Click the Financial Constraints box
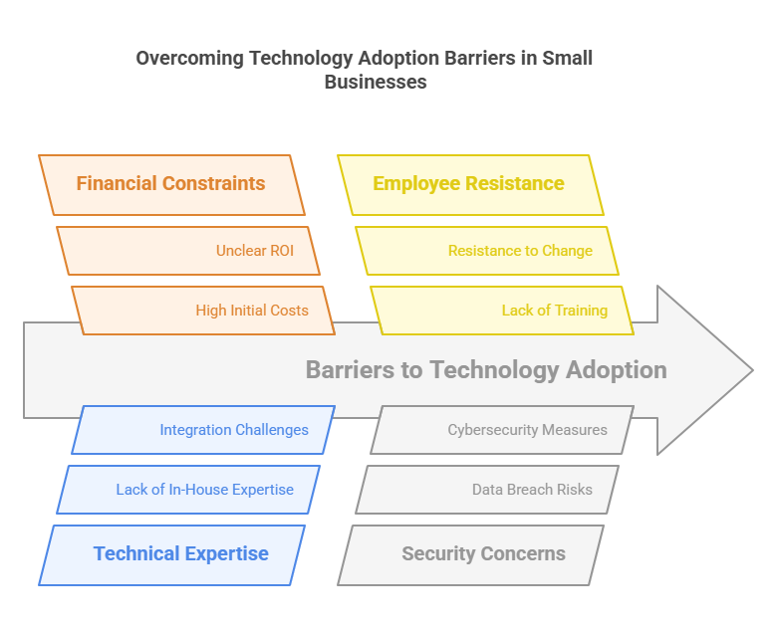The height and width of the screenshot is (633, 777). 171,185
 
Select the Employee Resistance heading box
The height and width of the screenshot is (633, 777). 470,185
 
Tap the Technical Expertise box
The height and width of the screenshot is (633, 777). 171,555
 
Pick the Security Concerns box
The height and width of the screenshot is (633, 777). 470,555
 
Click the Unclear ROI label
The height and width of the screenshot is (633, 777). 255,251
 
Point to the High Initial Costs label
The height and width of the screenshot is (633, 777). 252,311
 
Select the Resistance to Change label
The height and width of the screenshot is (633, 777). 520,251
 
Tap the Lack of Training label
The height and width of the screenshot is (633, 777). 555,311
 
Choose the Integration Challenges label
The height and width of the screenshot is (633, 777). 234,430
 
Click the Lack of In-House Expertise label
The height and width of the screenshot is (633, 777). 204,490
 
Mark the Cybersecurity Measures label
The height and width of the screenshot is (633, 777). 527,430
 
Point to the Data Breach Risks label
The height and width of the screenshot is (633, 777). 532,490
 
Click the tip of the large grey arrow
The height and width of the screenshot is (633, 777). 753,369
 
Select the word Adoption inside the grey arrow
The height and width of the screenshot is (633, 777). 616,370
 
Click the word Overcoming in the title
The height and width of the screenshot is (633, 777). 190,59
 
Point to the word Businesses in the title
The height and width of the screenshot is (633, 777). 376,82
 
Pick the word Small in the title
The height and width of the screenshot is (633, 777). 567,58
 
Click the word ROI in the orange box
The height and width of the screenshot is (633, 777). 282,251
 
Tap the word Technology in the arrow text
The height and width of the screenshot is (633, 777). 494,370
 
